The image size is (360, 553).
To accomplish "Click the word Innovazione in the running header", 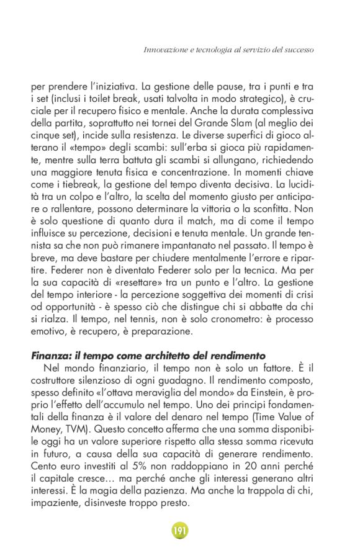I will (163, 48).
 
